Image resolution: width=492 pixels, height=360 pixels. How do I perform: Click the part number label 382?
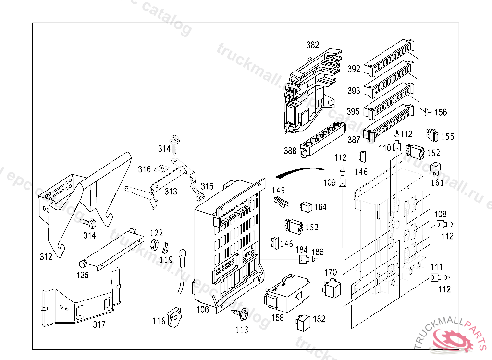click(312, 45)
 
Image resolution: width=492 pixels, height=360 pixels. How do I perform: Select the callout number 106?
click(203, 310)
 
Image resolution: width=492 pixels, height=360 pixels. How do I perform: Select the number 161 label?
click(437, 183)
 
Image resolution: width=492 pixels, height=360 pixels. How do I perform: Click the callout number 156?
click(440, 112)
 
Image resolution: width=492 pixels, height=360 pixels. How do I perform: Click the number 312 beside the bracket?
click(46, 256)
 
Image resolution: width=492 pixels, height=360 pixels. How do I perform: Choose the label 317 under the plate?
click(99, 325)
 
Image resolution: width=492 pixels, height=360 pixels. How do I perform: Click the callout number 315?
click(207, 186)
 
